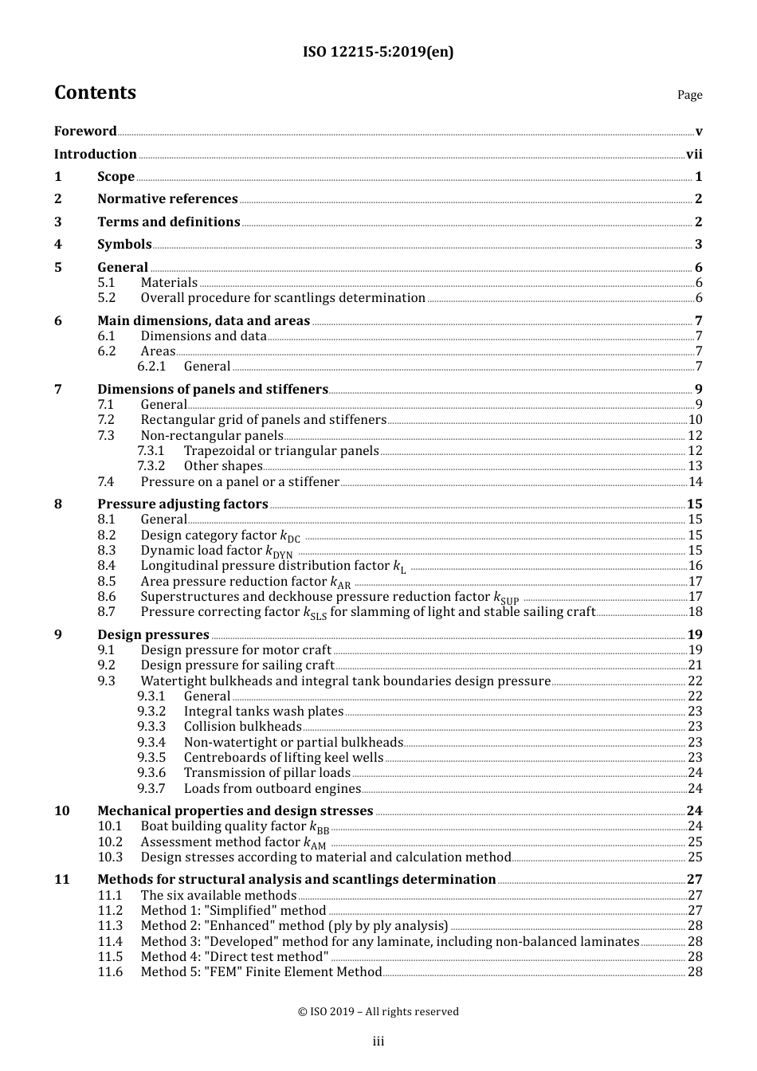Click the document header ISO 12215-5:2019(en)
(x=378, y=52)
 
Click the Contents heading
(x=95, y=92)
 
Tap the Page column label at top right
(x=689, y=95)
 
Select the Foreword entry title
(x=85, y=131)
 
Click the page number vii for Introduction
(x=694, y=154)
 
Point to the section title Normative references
(x=167, y=198)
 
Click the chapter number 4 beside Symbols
(x=58, y=244)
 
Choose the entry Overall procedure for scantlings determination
(x=283, y=297)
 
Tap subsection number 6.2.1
(x=151, y=366)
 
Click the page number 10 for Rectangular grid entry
(x=695, y=419)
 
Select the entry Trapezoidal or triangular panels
(x=281, y=450)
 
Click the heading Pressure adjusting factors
(x=182, y=504)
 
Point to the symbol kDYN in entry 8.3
(x=279, y=551)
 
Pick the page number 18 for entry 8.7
(x=695, y=611)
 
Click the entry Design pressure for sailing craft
(x=237, y=665)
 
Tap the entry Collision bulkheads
(x=242, y=726)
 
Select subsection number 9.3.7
(x=151, y=788)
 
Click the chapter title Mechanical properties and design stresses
(x=235, y=810)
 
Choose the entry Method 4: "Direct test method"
(x=234, y=956)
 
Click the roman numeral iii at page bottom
(x=378, y=1041)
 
